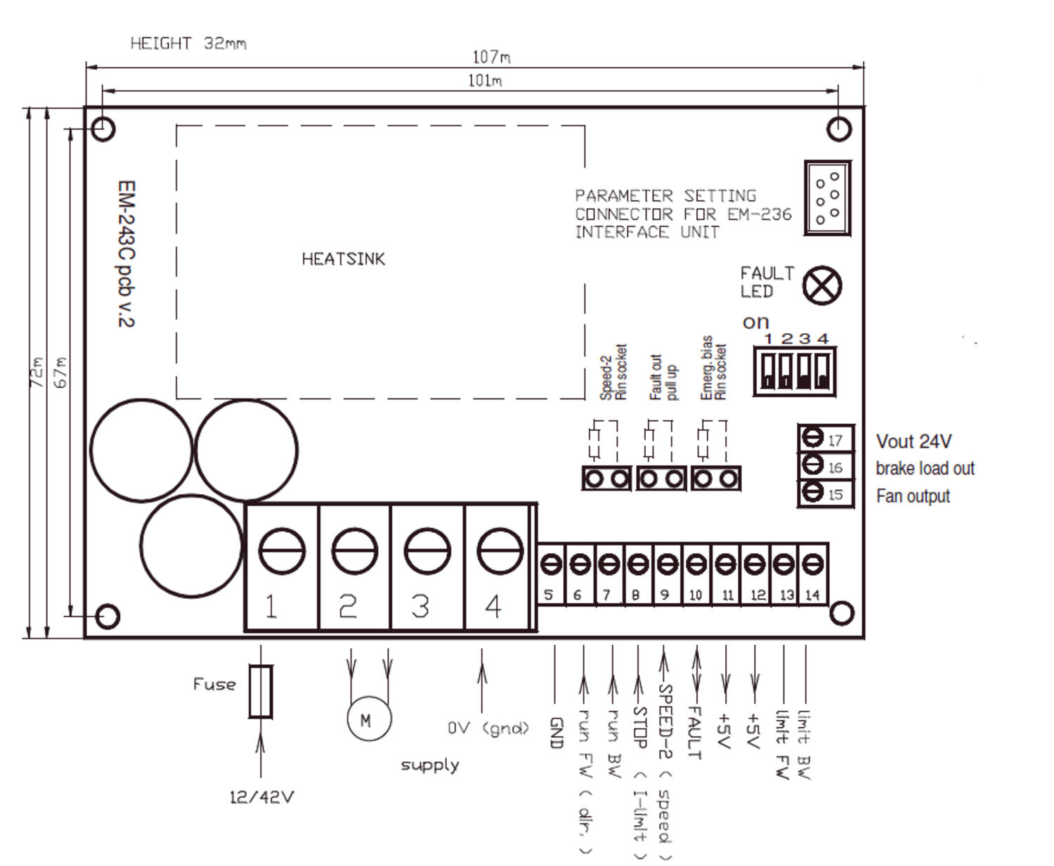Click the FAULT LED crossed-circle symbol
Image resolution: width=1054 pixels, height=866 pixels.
821,286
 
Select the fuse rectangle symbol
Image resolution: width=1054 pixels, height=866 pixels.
261,692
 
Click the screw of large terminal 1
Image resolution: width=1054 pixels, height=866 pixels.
282,551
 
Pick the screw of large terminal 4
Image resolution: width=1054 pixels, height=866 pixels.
500,551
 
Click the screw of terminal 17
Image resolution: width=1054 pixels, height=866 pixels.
812,438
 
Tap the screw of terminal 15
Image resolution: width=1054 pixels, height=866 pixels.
812,492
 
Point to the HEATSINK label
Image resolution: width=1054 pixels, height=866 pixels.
344,259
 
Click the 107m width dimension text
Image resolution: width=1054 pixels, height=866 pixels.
490,57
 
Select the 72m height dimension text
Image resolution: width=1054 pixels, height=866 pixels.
37,372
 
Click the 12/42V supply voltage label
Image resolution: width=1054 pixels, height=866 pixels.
261,797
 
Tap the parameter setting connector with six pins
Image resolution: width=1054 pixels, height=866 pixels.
827,198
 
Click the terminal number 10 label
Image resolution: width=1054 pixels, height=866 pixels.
695,595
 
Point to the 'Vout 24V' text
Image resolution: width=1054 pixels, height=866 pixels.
913,441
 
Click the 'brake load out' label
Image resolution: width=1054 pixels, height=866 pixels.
925,469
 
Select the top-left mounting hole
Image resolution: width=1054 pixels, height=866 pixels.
103,129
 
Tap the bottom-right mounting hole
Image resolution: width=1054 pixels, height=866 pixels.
841,613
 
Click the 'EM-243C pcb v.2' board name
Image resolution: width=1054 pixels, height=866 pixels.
126,254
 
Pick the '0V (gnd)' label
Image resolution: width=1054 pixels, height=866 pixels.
488,728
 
